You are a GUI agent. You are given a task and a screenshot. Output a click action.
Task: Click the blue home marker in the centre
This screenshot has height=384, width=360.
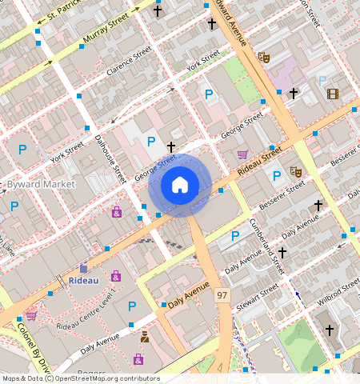click(x=180, y=186)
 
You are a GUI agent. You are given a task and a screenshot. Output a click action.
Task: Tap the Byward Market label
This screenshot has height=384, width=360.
click(x=41, y=184)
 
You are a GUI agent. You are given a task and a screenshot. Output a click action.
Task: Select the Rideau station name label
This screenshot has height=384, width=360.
click(x=82, y=281)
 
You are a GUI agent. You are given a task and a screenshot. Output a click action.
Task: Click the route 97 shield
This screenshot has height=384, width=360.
click(x=222, y=296)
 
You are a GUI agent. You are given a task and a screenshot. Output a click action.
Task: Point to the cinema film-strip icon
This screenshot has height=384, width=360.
click(x=332, y=94)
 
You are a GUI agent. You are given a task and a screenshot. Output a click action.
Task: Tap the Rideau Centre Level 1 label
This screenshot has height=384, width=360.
click(x=84, y=313)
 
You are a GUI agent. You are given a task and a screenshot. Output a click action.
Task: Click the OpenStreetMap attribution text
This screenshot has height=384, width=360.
click(x=80, y=378)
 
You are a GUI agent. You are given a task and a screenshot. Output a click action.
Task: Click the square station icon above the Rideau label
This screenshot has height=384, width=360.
click(x=83, y=268)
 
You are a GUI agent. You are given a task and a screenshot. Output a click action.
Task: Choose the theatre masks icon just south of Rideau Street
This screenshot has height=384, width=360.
click(x=295, y=171)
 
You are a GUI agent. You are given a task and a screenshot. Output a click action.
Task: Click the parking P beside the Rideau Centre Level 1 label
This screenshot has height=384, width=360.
click(x=132, y=306)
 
